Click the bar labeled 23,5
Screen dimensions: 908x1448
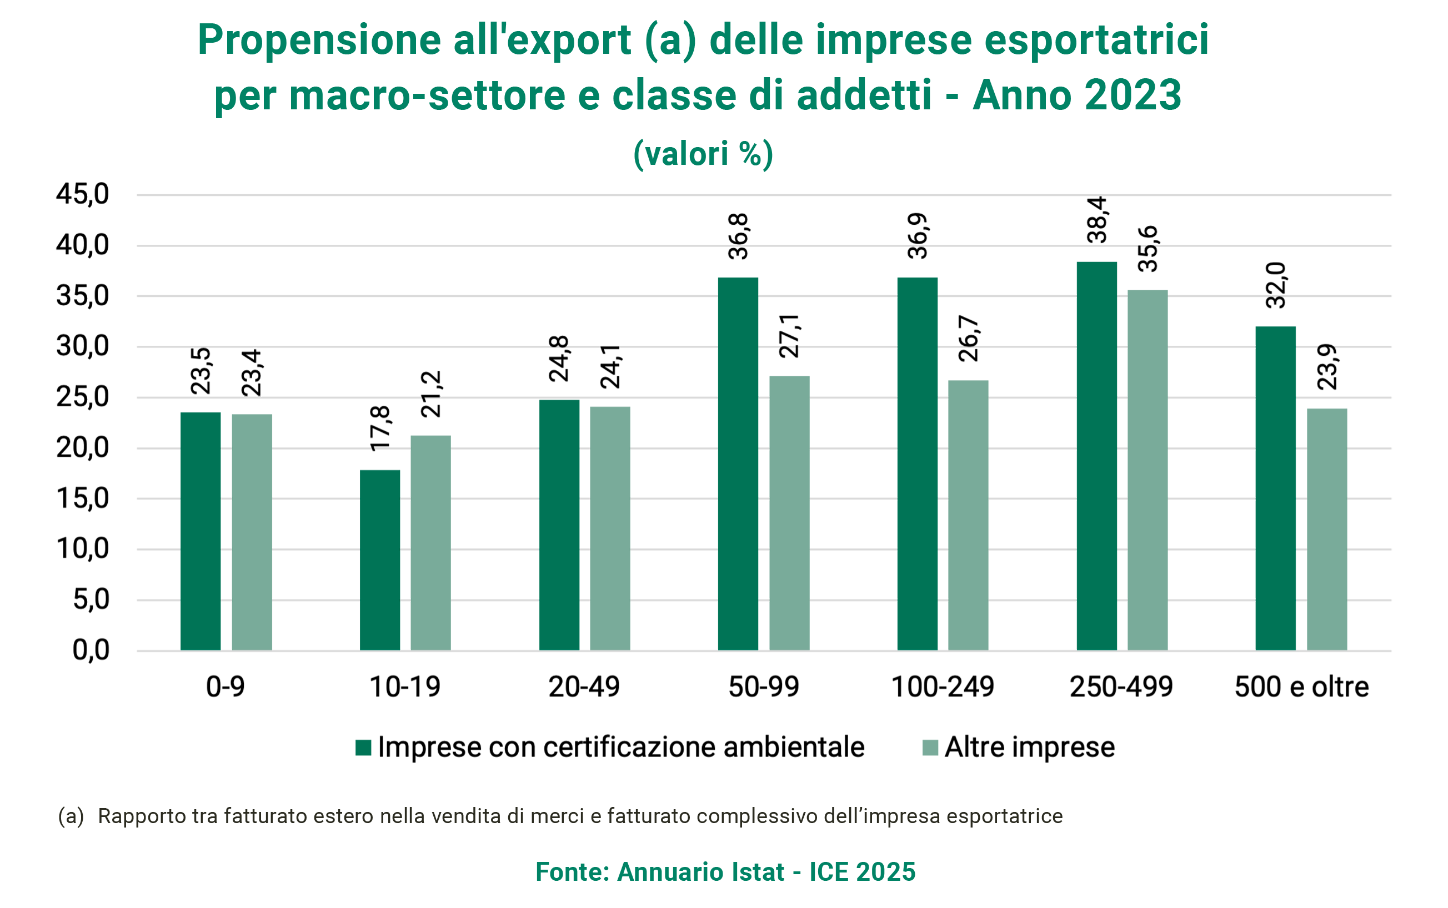[200, 498]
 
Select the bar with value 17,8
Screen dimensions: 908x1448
[379, 528]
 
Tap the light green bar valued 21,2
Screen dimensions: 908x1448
[430, 511]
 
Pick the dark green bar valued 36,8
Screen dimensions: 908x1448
[738, 432]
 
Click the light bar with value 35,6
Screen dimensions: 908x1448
[1147, 438]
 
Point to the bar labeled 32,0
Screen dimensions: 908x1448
[1276, 456]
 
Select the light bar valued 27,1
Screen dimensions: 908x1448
[789, 481]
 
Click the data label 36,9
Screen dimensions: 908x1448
[918, 236]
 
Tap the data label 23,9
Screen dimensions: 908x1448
[1327, 367]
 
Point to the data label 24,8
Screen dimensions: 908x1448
[559, 359]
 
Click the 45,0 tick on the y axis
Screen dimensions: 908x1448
[82, 195]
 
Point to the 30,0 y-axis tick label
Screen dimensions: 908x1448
[82, 346]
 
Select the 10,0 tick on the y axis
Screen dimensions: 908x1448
[82, 549]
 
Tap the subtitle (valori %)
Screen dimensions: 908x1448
[703, 154]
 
